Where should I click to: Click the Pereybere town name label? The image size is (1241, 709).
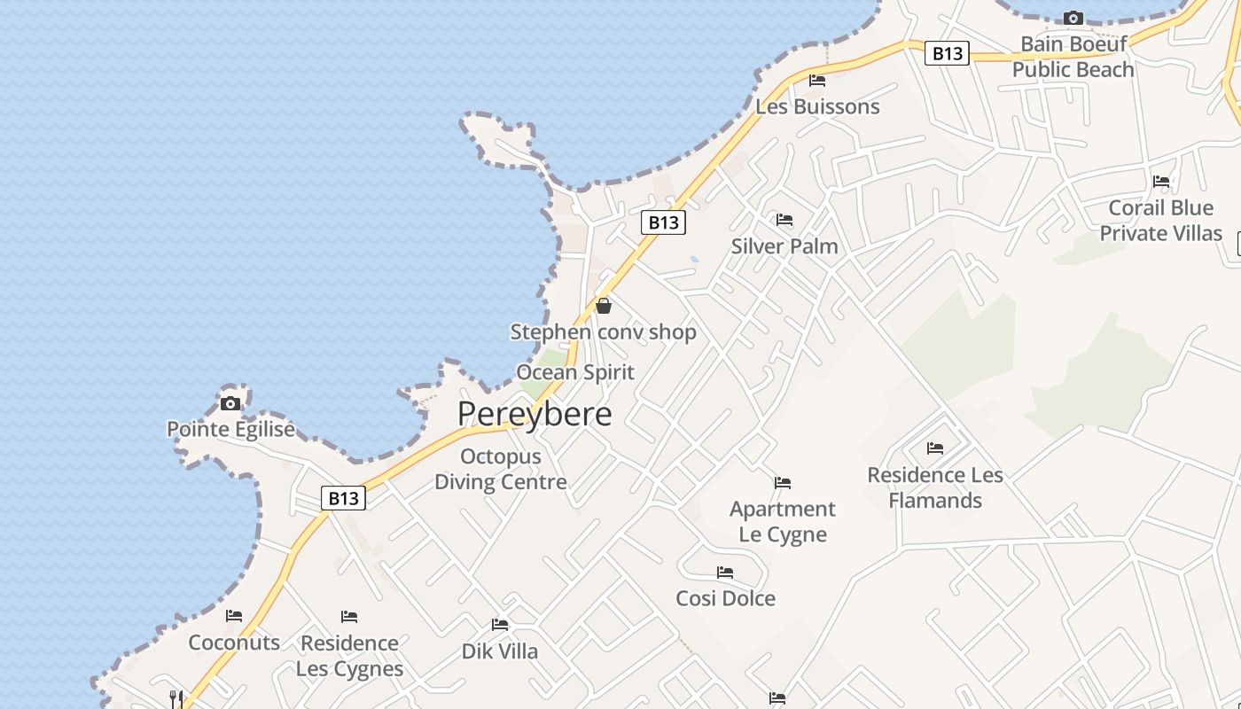coord(535,414)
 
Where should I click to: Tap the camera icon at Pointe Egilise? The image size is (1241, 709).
coord(230,404)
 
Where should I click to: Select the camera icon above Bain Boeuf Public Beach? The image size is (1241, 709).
coord(1073,18)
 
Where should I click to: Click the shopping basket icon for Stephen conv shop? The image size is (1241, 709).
coord(604,307)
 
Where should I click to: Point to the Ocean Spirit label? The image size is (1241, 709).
coord(575,372)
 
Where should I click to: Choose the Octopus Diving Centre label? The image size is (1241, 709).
coord(501,470)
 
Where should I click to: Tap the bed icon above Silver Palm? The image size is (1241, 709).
coord(784,220)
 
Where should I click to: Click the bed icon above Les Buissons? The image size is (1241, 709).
coord(817,81)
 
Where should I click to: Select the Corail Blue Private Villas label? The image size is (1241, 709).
coord(1161,221)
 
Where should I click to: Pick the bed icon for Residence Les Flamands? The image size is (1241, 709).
coord(935,448)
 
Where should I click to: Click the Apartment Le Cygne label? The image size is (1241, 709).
coord(783,521)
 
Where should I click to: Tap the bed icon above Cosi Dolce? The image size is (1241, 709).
coord(725,573)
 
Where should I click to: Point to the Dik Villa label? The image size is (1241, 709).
coord(500,651)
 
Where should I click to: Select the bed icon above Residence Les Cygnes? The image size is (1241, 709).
coord(349,617)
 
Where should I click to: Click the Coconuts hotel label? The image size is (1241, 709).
coord(234,643)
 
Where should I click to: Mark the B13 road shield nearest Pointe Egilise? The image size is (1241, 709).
coord(343,498)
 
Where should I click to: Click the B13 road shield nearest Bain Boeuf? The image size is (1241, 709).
coord(947,53)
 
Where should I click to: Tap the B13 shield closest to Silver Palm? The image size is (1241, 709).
coord(663,222)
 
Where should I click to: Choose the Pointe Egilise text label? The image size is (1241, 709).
coord(230,430)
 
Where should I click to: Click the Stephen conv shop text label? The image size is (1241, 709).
coord(604,332)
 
